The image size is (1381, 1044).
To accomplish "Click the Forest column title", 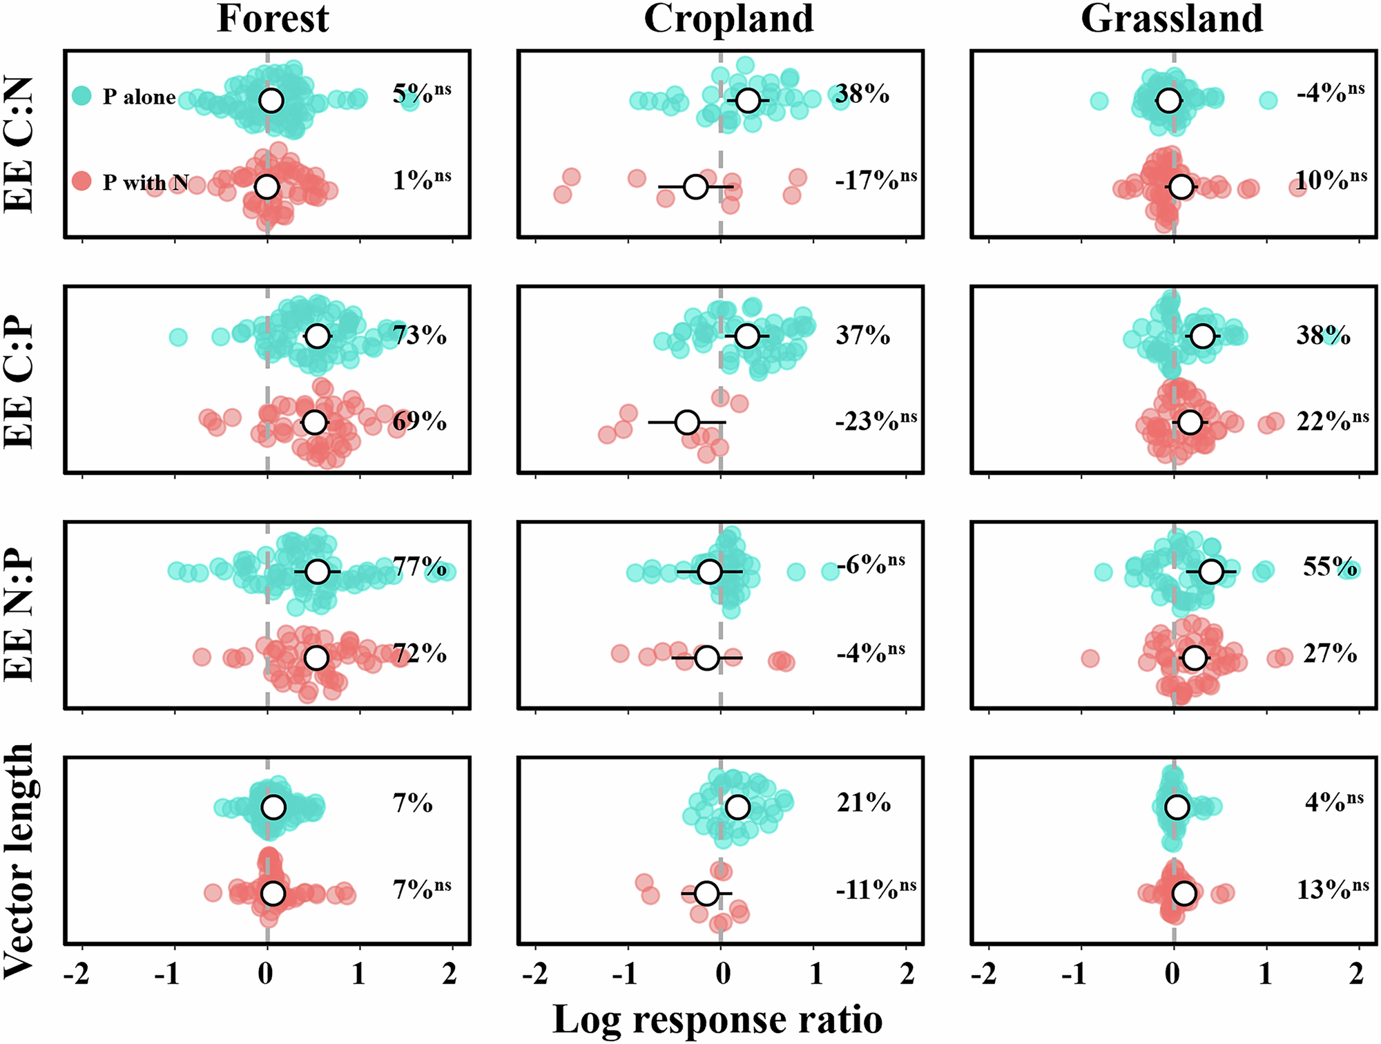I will pyautogui.click(x=273, y=19).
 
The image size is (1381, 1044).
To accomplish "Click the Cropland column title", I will pyautogui.click(x=728, y=19).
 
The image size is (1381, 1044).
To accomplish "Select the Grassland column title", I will pyautogui.click(x=1172, y=19).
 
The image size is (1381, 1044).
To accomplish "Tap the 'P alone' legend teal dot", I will pyautogui.click(x=81, y=96).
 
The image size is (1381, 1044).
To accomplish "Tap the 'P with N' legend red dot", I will pyautogui.click(x=81, y=182).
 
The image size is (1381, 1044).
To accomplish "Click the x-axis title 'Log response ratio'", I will pyautogui.click(x=717, y=1019).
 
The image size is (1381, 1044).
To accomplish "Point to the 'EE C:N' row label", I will pyautogui.click(x=19, y=144).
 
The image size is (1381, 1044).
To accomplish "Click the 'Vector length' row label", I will pyautogui.click(x=19, y=860).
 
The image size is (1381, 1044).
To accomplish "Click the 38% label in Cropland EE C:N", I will pyautogui.click(x=862, y=94).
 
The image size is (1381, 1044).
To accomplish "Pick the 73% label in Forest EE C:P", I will pyautogui.click(x=419, y=336).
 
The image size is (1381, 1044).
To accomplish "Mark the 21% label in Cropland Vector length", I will pyautogui.click(x=863, y=803).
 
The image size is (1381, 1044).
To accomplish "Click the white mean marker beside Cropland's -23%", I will pyautogui.click(x=687, y=422).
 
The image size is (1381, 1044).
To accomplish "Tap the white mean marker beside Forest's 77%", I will pyautogui.click(x=317, y=572).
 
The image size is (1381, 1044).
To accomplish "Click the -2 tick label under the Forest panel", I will pyautogui.click(x=76, y=974).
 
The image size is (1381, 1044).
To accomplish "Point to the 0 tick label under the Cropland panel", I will pyautogui.click(x=722, y=974).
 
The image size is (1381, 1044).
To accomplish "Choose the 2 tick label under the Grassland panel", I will pyautogui.click(x=1357, y=974).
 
